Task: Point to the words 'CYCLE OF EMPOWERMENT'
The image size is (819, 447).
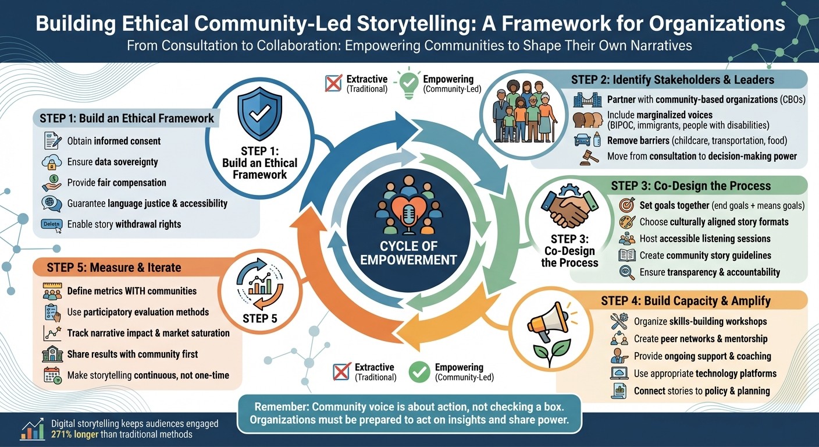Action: (x=408, y=253)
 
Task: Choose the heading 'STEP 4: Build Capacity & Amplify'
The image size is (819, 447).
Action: (x=686, y=301)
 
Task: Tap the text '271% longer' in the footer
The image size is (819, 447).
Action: (x=76, y=434)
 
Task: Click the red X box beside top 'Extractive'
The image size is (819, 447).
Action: (x=333, y=84)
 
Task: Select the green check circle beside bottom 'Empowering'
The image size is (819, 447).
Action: (x=419, y=372)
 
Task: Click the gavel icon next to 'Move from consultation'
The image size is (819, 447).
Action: (x=589, y=157)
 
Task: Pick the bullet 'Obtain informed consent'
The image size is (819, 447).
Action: (x=114, y=141)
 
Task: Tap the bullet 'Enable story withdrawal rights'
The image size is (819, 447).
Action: (x=124, y=224)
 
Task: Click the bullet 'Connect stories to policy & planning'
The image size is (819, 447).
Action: (x=702, y=391)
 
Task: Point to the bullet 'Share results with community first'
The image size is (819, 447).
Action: (x=132, y=354)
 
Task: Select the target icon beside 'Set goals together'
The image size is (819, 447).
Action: (x=626, y=205)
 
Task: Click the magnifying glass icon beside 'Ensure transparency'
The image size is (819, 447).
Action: (x=627, y=272)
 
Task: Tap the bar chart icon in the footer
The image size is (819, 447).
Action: (x=32, y=430)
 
